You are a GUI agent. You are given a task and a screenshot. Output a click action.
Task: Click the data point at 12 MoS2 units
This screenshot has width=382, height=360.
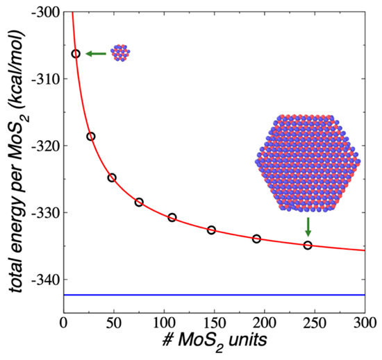pos(76,53)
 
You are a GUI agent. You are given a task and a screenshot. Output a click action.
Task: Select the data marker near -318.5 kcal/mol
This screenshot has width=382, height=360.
pos(90,137)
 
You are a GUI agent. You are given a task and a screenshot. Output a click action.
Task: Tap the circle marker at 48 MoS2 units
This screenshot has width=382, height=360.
pos(112,178)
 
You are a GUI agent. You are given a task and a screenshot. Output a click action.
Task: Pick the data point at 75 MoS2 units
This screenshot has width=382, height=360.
pos(139,202)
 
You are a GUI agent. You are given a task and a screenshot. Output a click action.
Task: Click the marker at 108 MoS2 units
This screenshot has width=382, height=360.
pos(172,217)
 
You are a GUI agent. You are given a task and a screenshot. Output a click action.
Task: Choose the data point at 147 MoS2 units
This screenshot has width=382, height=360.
pos(211,230)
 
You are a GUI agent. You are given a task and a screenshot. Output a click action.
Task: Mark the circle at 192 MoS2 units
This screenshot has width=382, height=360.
pos(256,239)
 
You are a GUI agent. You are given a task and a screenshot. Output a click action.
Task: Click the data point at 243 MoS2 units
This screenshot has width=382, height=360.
pos(308,245)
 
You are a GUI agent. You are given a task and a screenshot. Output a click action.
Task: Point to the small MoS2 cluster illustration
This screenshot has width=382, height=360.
pos(119,52)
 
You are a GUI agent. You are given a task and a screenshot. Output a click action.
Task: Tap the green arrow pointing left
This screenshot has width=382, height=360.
pos(95,53)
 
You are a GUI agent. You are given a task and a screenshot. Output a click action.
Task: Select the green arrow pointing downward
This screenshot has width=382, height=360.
pos(308,226)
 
